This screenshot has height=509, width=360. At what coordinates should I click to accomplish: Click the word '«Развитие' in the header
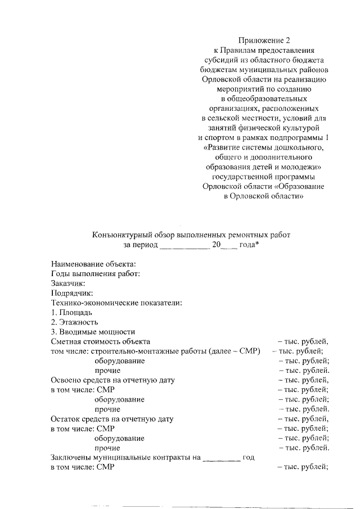coord(222,148)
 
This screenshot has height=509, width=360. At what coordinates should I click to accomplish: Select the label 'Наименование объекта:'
coord(93,263)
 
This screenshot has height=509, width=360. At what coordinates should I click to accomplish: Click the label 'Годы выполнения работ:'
coord(95,273)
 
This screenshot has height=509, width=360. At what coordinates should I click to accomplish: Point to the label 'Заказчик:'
coord(67,283)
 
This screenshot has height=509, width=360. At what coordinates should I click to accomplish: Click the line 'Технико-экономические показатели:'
coord(116,303)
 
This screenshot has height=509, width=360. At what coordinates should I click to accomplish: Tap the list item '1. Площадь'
coord(71,312)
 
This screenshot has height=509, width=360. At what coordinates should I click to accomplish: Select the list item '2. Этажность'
coord(75,322)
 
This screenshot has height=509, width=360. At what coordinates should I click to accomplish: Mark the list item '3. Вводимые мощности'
coord(93,332)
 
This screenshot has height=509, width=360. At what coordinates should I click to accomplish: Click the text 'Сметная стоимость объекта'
coord(100,341)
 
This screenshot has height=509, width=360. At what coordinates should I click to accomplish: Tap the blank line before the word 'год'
coord(221,458)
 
